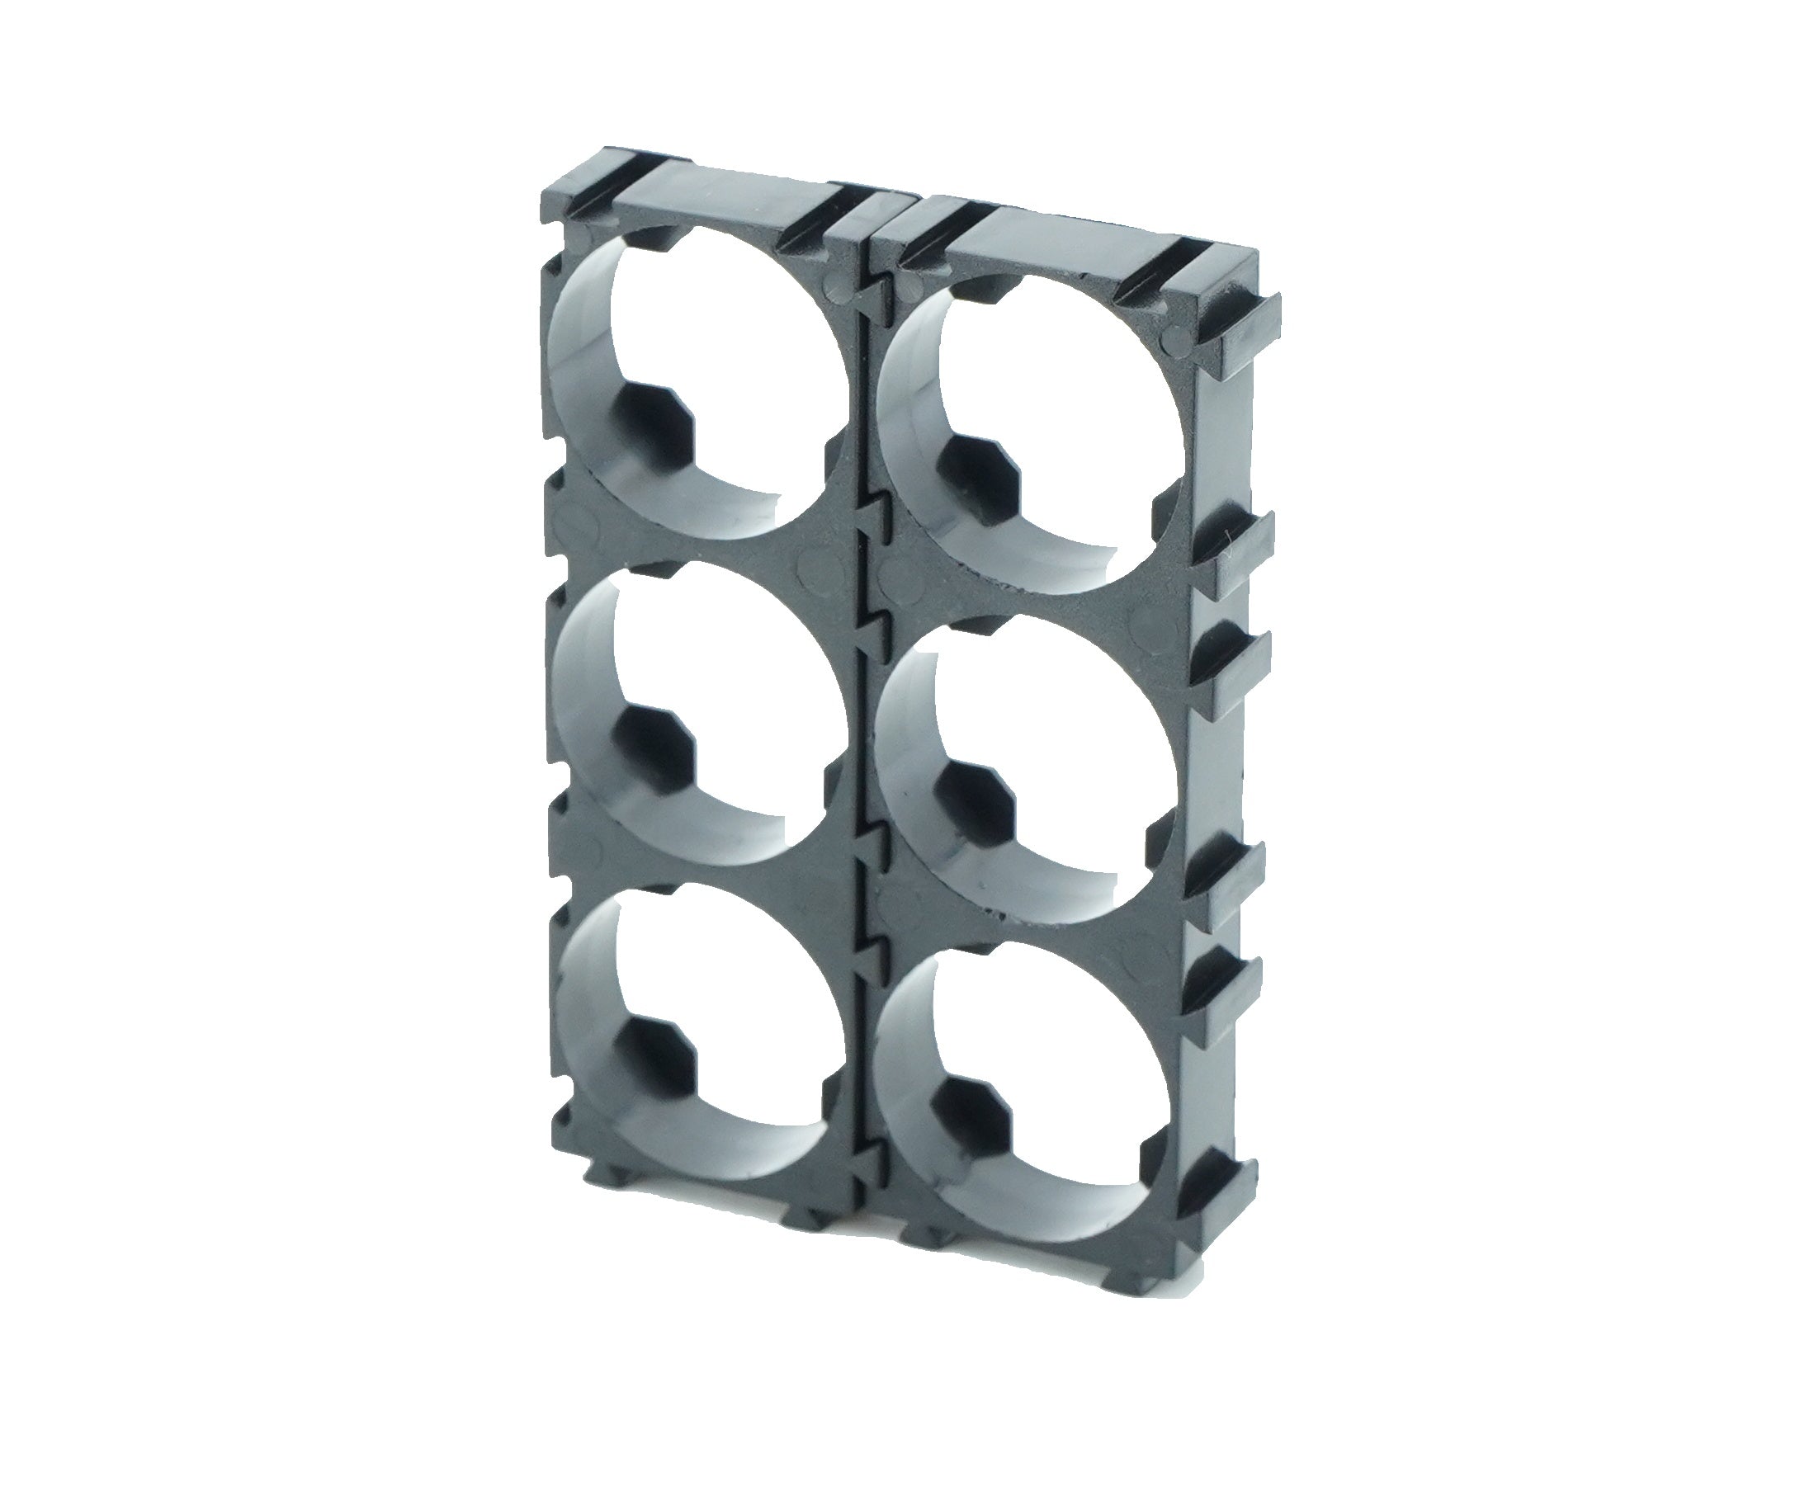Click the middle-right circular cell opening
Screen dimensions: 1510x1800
[x=1054, y=754]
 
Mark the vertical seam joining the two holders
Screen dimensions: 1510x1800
[x=863, y=772]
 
